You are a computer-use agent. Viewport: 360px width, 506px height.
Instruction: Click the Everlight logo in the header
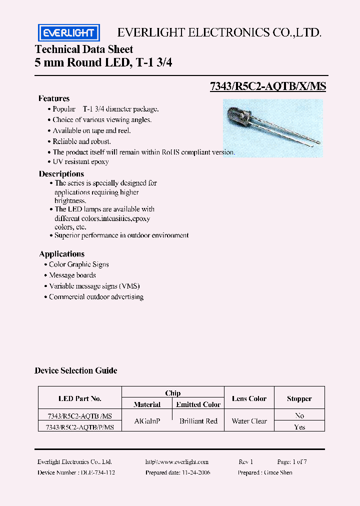pos(69,33)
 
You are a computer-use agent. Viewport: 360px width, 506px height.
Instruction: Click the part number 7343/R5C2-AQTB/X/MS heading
pos(268,86)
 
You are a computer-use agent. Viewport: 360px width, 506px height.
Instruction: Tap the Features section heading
pos(54,98)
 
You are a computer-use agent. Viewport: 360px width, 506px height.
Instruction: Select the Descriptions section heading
pos(61,174)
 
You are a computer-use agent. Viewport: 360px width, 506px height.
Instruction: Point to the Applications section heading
pos(62,254)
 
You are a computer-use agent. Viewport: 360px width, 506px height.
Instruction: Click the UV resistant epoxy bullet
pos(80,162)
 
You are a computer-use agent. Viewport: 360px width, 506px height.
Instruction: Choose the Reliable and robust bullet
pos(81,141)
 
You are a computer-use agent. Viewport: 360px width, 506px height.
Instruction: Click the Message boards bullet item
pos(72,275)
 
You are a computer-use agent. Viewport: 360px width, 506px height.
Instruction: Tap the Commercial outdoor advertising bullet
pos(96,297)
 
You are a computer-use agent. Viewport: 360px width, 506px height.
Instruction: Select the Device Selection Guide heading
pos(76,370)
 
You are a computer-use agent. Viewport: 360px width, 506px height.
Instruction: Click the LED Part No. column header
pos(80,398)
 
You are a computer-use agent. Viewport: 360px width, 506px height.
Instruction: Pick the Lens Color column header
pos(249,398)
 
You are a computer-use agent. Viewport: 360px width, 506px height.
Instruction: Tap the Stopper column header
pos(299,398)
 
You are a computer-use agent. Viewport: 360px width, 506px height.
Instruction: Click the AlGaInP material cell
pos(147,421)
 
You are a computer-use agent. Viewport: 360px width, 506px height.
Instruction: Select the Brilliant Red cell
pos(198,421)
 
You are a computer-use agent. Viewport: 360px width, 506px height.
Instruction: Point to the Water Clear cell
pos(249,421)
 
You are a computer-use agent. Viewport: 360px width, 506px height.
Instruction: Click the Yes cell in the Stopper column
pos(299,427)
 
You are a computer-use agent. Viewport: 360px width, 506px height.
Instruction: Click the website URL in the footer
pos(177,462)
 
